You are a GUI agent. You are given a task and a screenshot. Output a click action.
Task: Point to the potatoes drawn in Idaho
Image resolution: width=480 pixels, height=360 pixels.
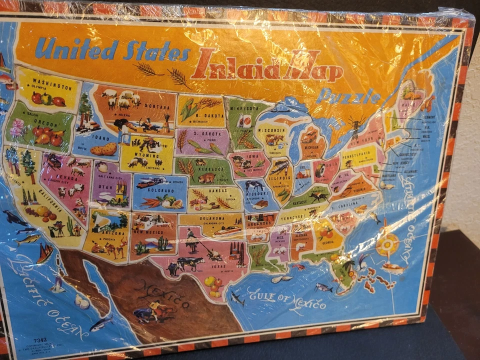point(103,149)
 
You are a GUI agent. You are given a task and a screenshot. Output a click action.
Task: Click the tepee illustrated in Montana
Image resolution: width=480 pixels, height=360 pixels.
point(167,123)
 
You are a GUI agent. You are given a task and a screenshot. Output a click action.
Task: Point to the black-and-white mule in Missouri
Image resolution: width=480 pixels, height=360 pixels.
point(254,185)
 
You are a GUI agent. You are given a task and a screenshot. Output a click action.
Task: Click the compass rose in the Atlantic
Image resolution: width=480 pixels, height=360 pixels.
point(388,245)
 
